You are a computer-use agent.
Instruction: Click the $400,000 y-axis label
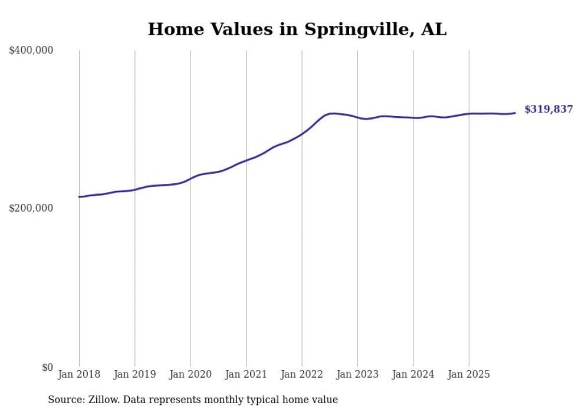click(x=31, y=51)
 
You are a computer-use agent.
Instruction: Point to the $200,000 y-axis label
click(x=31, y=208)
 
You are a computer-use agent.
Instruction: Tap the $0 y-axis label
click(x=47, y=367)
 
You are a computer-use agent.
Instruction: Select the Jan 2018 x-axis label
click(x=79, y=374)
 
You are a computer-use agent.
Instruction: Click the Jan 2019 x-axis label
click(x=134, y=374)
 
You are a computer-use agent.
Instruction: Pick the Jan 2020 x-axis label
click(x=191, y=374)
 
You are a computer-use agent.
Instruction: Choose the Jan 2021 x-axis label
click(x=246, y=374)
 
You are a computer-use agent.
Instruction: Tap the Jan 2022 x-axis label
click(x=302, y=374)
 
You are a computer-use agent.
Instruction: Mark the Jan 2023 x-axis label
click(x=357, y=374)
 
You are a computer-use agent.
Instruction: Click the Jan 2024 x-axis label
click(x=413, y=374)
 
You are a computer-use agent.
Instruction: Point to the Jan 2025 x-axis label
click(x=469, y=374)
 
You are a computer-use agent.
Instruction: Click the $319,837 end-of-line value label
click(x=549, y=109)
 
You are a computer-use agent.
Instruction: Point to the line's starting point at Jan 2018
click(x=79, y=197)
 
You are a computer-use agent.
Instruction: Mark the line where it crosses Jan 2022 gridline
click(x=302, y=134)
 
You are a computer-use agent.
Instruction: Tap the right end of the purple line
click(x=515, y=113)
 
